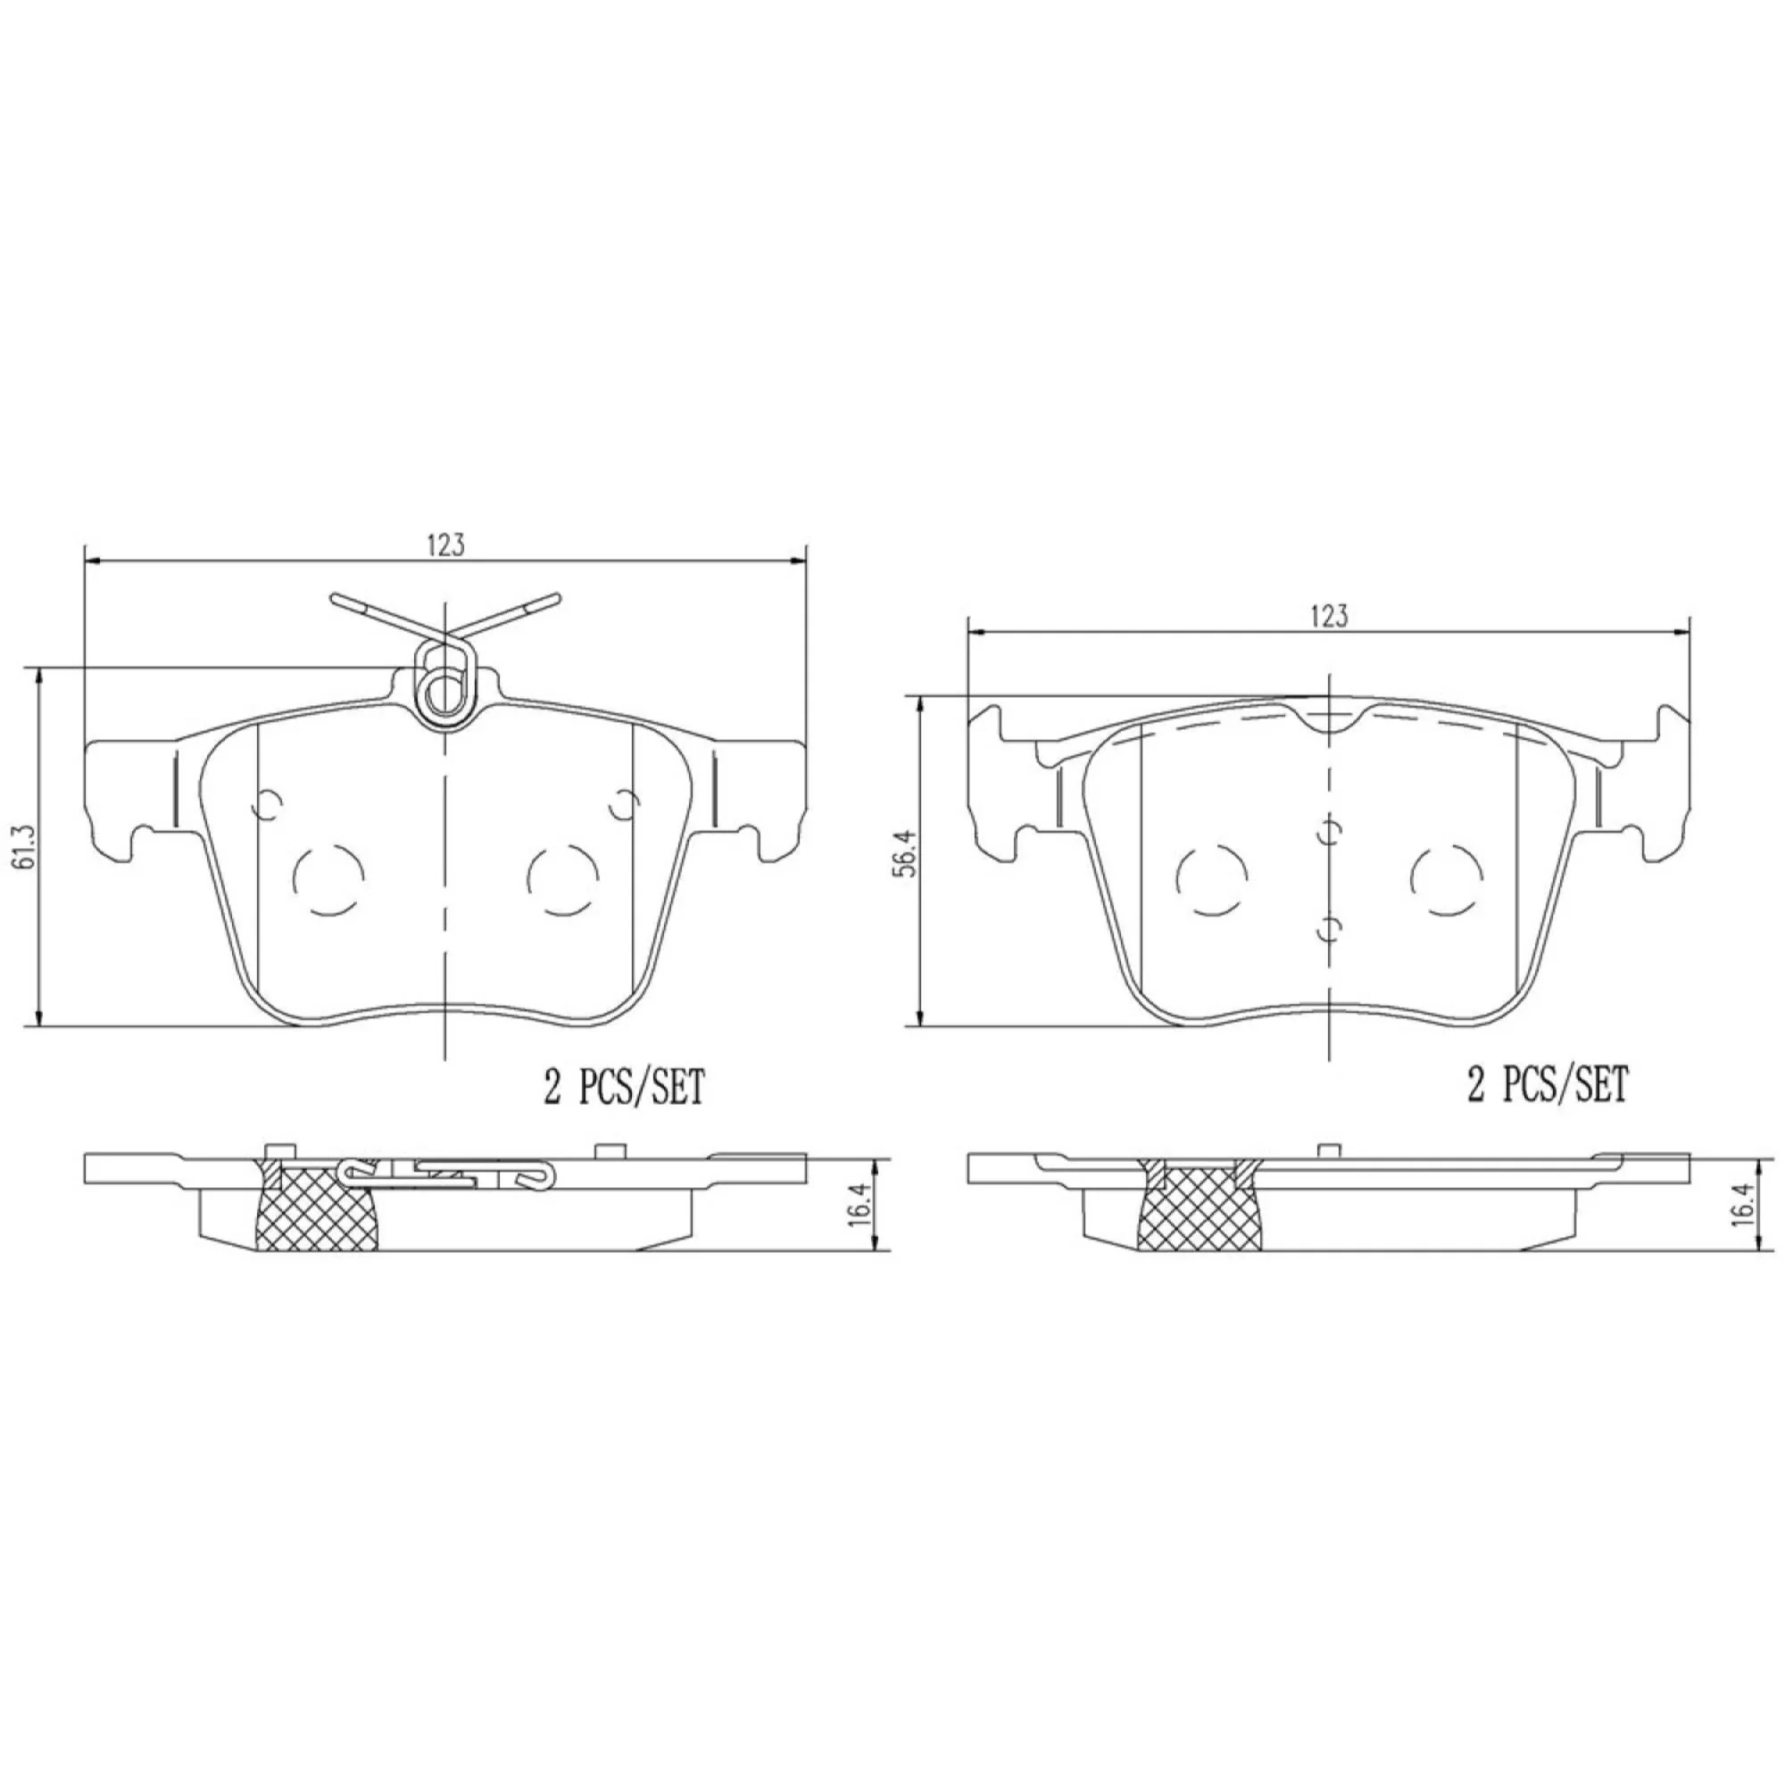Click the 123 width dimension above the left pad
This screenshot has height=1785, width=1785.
point(444,546)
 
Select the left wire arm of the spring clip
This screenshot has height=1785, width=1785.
point(378,614)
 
